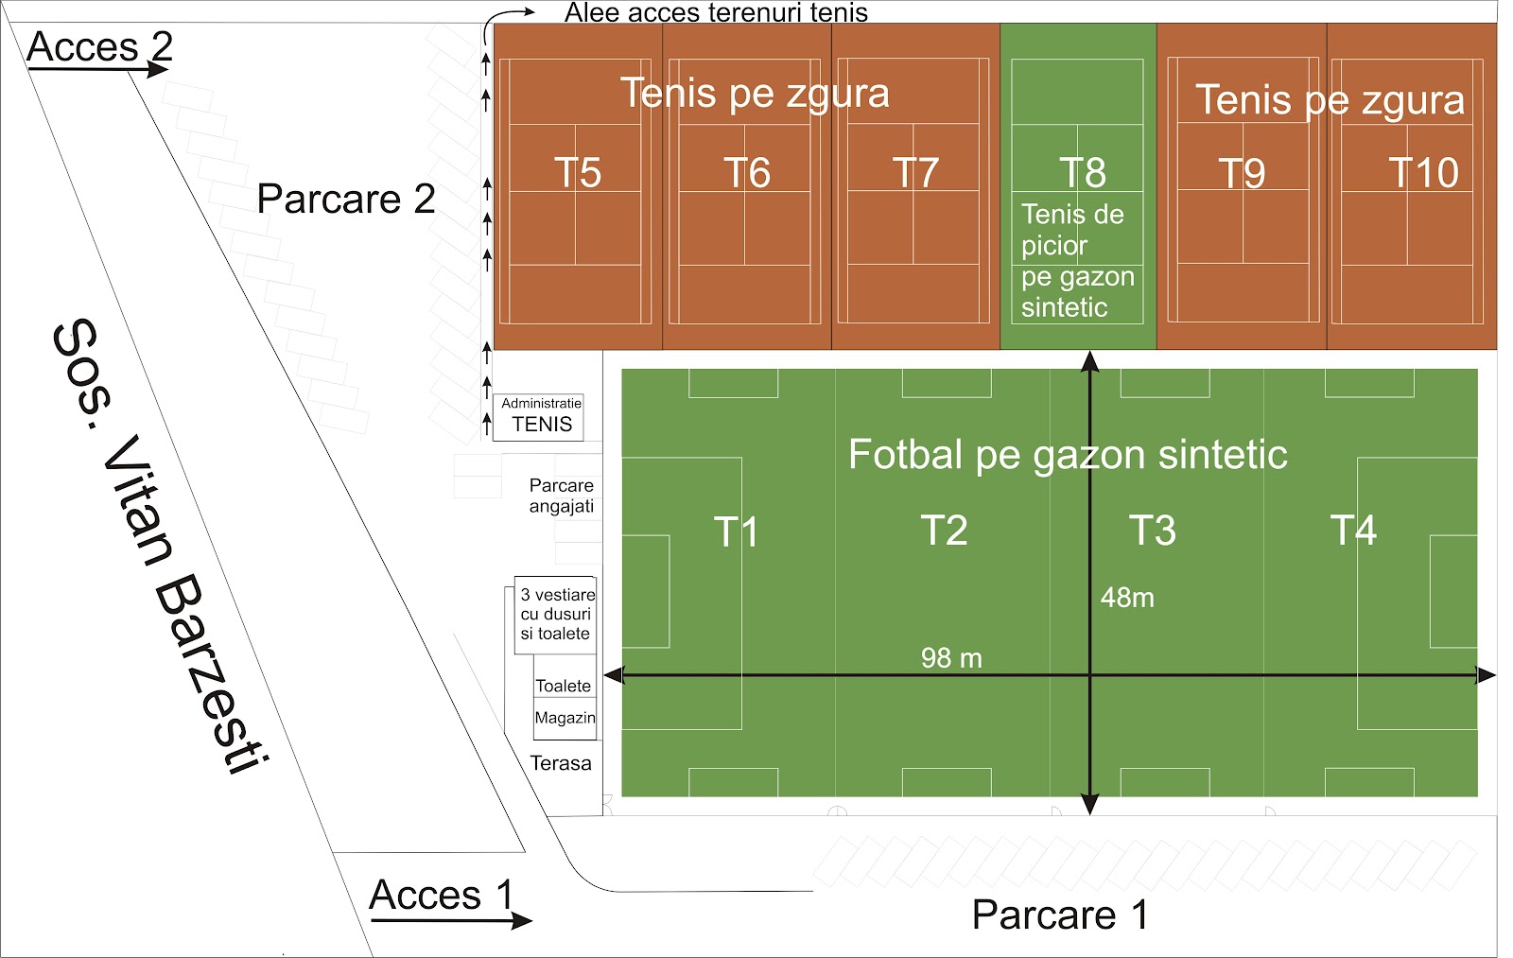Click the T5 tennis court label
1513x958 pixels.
(577, 173)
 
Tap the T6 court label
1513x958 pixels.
(747, 173)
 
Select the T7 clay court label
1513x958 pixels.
(915, 173)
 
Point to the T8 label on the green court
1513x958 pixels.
(1082, 173)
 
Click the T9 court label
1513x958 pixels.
(1241, 173)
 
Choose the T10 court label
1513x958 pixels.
(1422, 173)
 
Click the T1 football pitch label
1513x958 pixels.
(735, 531)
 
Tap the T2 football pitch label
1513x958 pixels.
(944, 531)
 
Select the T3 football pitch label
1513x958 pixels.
(1152, 531)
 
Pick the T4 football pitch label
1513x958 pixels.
(1353, 531)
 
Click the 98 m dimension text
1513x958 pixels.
(951, 658)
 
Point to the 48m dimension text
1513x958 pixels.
(1127, 598)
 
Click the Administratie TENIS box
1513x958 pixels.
(541, 416)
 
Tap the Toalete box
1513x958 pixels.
(564, 686)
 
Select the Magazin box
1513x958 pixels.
(565, 718)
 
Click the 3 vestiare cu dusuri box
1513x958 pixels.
(556, 615)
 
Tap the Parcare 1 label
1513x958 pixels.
(1059, 914)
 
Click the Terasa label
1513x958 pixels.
(561, 763)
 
